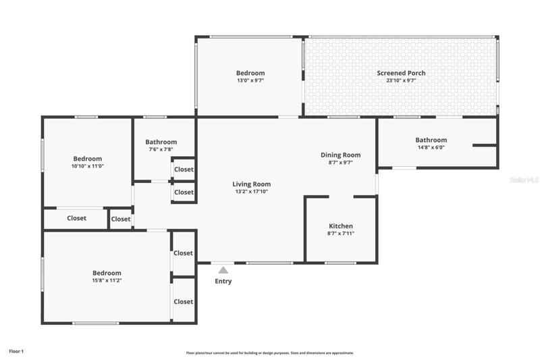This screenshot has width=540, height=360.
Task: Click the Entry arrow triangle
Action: [x=223, y=269]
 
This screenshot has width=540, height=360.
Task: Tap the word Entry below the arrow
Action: [x=223, y=281]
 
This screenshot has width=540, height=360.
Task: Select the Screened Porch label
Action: [x=401, y=73]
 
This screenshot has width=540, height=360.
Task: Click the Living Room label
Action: [x=251, y=184]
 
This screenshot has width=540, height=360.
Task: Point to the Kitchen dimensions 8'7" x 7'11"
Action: [x=341, y=233]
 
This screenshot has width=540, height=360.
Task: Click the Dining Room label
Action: [x=341, y=155]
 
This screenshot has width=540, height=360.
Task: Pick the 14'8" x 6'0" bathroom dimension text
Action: [x=431, y=147]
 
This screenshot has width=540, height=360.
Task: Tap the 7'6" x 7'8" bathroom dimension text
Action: [x=161, y=149]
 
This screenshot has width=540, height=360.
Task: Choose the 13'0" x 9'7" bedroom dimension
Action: [x=250, y=80]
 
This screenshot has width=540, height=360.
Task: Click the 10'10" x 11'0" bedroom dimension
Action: [x=88, y=165]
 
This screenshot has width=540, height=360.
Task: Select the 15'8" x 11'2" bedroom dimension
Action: [x=107, y=280]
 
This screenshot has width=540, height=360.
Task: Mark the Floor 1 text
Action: [x=16, y=351]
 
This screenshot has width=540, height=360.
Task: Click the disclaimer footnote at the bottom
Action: [x=269, y=353]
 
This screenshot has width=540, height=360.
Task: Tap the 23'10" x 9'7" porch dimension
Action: [x=401, y=80]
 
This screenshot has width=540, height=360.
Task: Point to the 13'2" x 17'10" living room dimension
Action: [x=251, y=192]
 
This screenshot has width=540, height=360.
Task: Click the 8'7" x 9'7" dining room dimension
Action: [x=341, y=162]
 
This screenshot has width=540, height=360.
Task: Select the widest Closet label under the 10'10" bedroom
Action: [x=76, y=218]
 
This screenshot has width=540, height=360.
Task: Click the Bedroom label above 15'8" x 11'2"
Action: [x=107, y=273]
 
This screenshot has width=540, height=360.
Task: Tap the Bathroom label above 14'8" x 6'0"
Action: [x=431, y=140]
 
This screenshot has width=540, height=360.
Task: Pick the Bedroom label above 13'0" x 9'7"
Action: [x=250, y=73]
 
